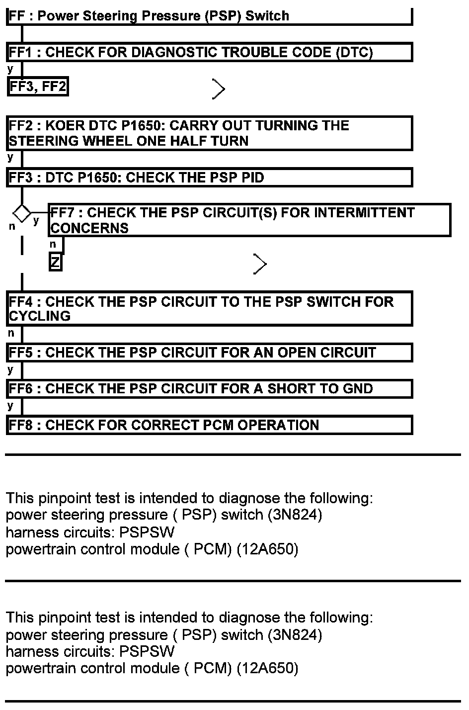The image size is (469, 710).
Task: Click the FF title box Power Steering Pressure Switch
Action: coord(209,16)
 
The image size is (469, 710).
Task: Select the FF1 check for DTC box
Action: coord(209,52)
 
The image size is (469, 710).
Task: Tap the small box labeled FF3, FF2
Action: coord(38,87)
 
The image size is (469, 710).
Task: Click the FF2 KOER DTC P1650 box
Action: coord(209,133)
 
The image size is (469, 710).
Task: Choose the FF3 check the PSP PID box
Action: coord(209,177)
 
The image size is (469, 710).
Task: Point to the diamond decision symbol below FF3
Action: coord(22,213)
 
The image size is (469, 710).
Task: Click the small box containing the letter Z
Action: coord(55,262)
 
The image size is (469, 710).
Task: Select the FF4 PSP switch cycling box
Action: coord(209,309)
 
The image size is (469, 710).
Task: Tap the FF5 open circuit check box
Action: coord(209,353)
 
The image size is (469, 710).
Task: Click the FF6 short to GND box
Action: coord(209,389)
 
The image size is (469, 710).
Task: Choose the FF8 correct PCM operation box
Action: coord(209,425)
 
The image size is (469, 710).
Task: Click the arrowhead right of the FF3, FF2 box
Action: coord(219,89)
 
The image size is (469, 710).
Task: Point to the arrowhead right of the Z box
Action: coord(260,264)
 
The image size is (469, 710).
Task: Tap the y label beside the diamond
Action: coord(36,221)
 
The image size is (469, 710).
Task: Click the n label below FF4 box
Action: coord(11,333)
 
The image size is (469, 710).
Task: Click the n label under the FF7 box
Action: coord(53,244)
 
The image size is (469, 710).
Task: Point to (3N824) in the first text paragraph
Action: coord(295,515)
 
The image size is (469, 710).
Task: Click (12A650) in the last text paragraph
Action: coord(267,668)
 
